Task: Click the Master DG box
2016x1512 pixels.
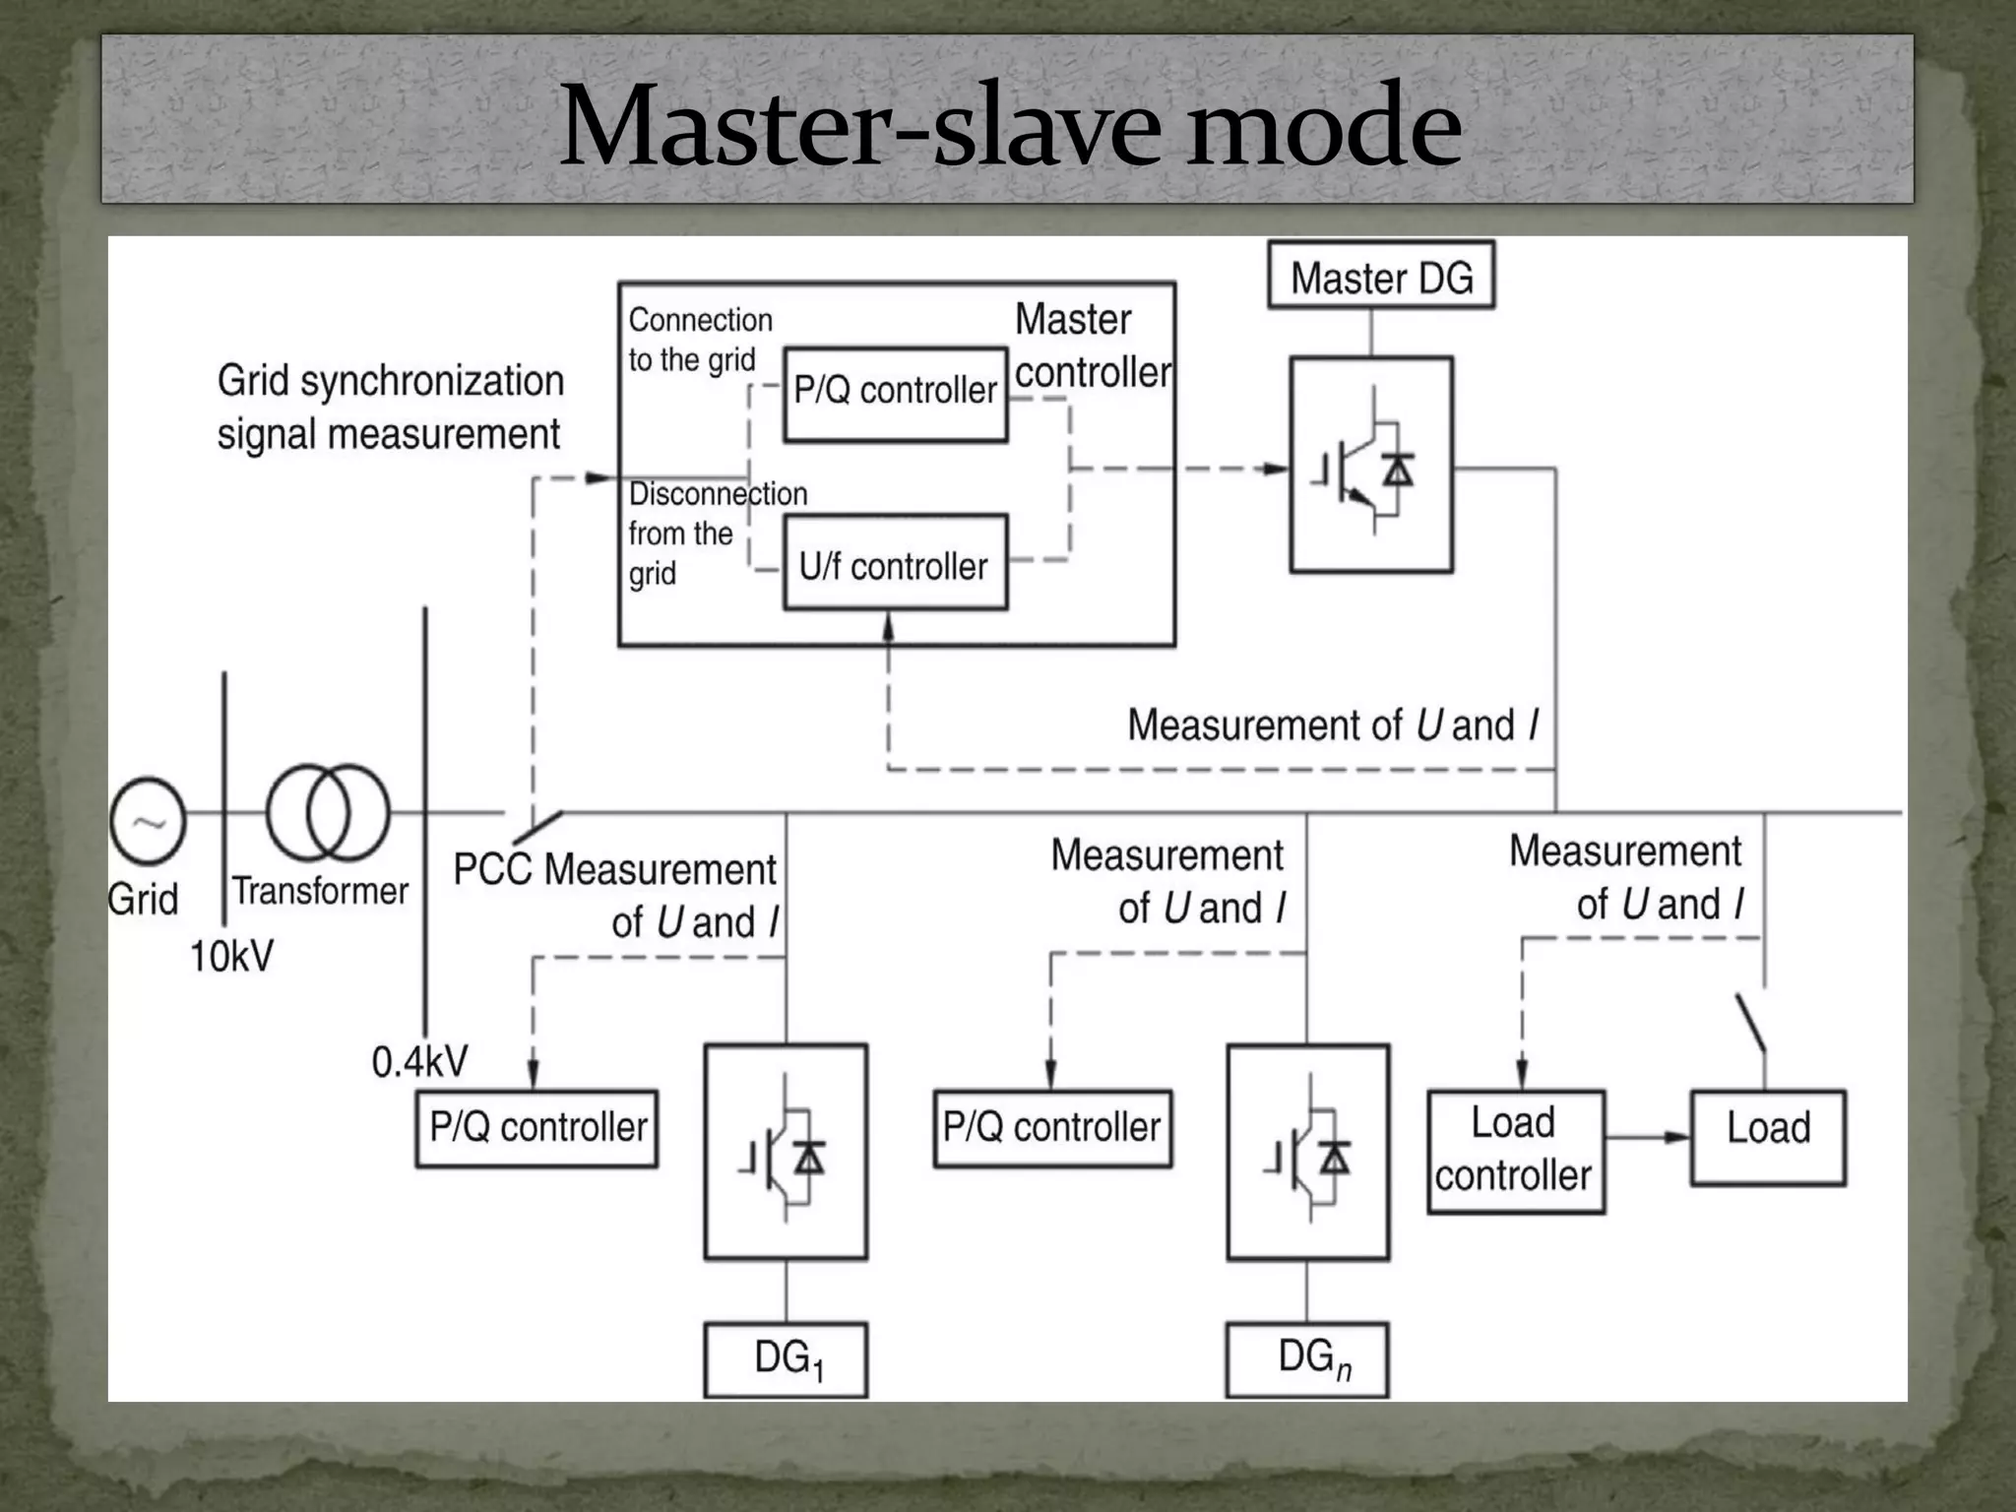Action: click(1380, 277)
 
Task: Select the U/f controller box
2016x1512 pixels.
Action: click(895, 564)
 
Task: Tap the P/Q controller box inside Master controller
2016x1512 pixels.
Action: click(895, 392)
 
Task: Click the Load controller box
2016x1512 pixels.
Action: click(1515, 1150)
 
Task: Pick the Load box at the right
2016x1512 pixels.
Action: click(1768, 1137)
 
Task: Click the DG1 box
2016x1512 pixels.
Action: click(786, 1359)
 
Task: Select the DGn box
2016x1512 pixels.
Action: click(1307, 1359)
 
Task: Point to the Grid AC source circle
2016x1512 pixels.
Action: click(148, 820)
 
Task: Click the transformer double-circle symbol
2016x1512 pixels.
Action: click(329, 813)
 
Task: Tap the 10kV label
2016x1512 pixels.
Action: click(231, 956)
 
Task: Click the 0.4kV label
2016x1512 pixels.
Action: click(419, 1061)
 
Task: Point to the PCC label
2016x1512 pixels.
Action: click(492, 870)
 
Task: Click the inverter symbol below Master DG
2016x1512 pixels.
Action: click(1370, 465)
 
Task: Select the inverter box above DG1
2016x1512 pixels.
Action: click(786, 1152)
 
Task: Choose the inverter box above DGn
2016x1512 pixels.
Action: click(1307, 1152)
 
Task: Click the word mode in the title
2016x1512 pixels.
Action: click(1323, 126)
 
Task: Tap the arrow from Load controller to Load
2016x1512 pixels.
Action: click(1648, 1137)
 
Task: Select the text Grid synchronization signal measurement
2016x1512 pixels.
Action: click(390, 407)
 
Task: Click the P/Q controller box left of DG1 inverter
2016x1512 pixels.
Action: click(536, 1128)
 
